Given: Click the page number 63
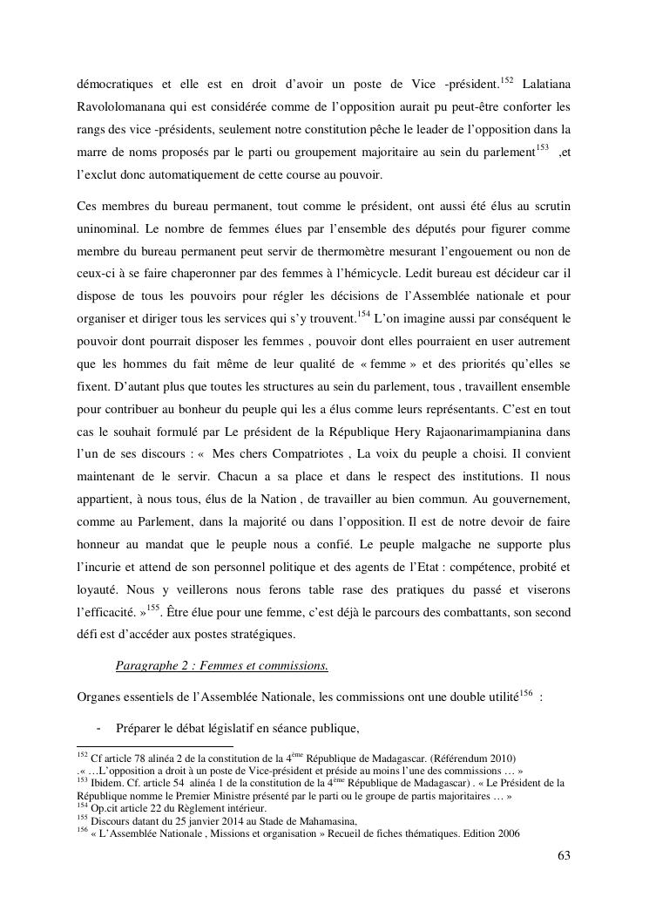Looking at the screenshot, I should click(x=564, y=854).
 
